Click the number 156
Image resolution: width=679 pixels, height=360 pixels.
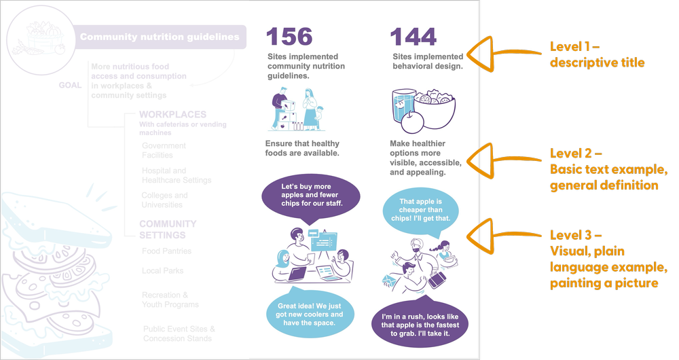click(290, 37)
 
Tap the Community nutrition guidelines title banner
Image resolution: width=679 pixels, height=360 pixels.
click(159, 37)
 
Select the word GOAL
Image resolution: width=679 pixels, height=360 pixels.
click(70, 86)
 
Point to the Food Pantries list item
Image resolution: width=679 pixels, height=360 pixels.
click(166, 251)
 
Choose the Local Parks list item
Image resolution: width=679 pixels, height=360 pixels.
click(163, 271)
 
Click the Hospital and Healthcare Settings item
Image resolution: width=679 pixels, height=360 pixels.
click(176, 175)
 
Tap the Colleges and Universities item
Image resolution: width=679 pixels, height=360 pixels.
click(164, 200)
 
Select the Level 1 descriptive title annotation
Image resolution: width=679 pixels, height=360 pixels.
click(596, 55)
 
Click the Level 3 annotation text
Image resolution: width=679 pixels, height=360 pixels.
click(608, 259)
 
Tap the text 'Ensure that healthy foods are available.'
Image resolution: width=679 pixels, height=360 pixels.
click(302, 148)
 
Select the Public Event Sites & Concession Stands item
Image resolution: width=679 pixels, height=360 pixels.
click(179, 334)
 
